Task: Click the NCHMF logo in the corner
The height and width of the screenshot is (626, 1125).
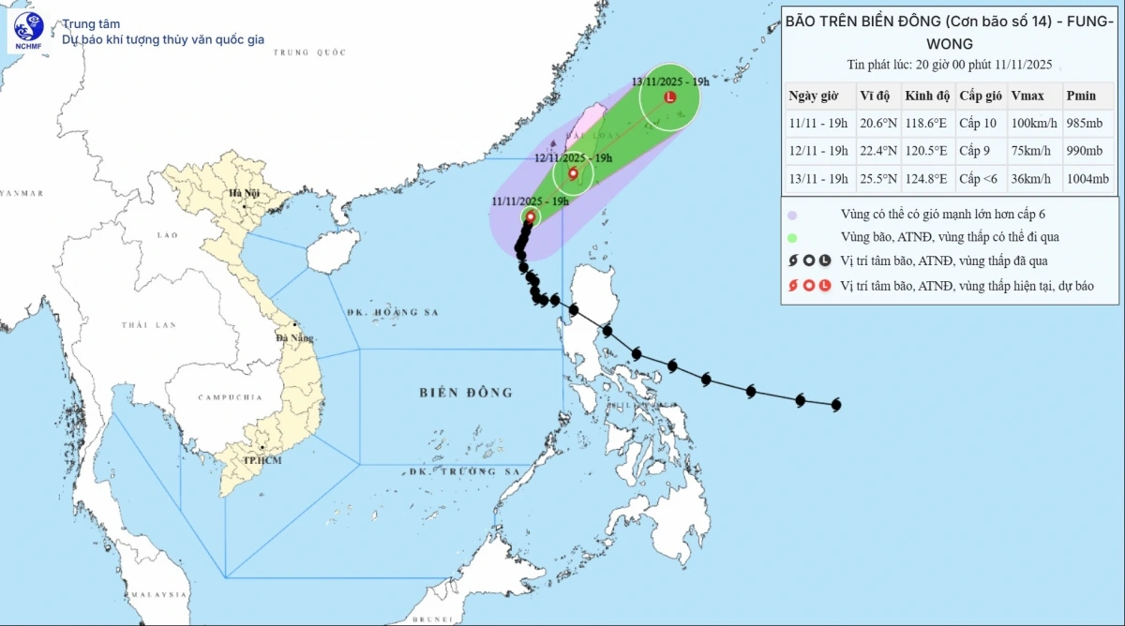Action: click(x=28, y=32)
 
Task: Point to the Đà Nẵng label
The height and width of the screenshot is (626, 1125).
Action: click(x=294, y=337)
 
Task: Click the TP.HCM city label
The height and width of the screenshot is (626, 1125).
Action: click(x=262, y=460)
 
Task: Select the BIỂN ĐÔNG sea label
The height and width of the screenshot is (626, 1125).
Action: click(x=466, y=392)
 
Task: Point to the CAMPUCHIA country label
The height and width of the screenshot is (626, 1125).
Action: click(x=230, y=397)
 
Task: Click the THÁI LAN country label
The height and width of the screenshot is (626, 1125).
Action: click(x=148, y=325)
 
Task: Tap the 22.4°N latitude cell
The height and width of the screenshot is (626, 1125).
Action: click(x=877, y=151)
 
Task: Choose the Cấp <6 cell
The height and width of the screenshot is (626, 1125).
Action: click(x=979, y=179)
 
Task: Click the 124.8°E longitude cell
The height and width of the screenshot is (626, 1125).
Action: click(x=927, y=179)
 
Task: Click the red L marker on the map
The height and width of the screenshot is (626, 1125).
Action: click(x=669, y=97)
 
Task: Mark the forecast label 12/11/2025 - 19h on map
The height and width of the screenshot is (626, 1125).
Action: click(x=573, y=157)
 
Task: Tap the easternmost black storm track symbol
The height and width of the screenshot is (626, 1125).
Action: click(x=835, y=405)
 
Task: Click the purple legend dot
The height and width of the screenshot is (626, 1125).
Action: click(x=793, y=214)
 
